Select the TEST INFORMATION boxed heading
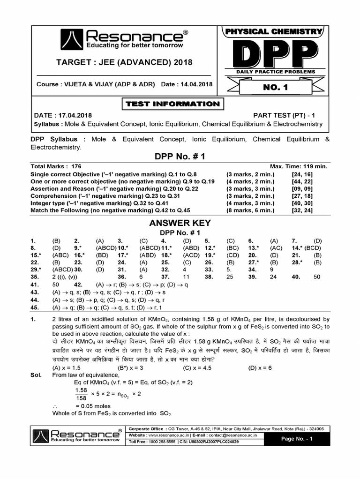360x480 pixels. pos(172,104)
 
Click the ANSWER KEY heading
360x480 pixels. pos(180,223)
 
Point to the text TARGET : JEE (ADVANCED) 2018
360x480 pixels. pos(124,62)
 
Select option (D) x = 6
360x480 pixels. pos(261,367)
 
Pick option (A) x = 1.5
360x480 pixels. pos(67,367)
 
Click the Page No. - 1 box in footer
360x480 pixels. pos(296,439)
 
